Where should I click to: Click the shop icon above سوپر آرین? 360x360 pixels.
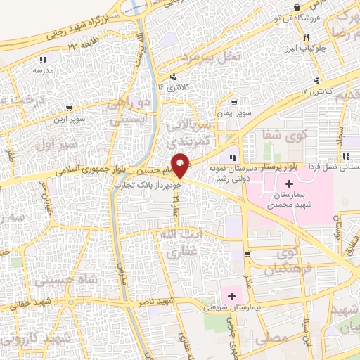tap(68, 108)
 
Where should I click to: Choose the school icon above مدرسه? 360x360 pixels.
tap(44, 60)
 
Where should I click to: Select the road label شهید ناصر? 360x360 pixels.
tap(158, 301)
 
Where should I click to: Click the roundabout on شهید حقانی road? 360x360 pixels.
tap(72, 304)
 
